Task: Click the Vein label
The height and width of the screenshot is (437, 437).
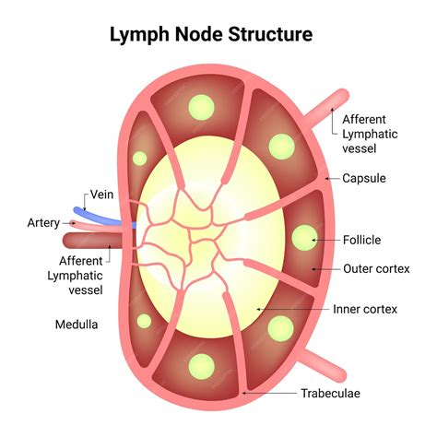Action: [101, 195]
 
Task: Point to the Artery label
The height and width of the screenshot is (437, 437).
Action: [43, 222]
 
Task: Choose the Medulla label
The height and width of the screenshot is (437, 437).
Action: [75, 325]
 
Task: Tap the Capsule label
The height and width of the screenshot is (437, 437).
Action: [363, 178]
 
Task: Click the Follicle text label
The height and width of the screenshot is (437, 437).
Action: [362, 240]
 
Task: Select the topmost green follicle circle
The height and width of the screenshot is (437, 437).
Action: [199, 107]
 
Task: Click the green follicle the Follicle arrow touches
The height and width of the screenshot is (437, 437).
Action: [302, 239]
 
